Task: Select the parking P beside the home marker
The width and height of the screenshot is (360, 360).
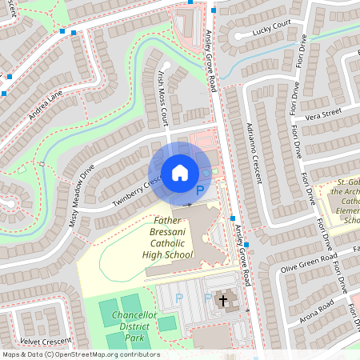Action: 201,190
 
